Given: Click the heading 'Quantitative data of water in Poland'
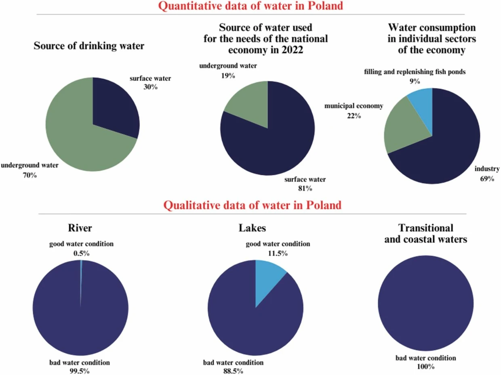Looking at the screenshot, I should (250, 7).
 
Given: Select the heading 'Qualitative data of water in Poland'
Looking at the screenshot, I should (250, 205).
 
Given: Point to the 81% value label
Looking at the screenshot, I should (305, 188).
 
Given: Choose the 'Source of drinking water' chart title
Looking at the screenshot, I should (88, 46).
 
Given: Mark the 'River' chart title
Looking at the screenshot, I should (80, 228).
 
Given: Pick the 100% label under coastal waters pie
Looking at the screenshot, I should (425, 367).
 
